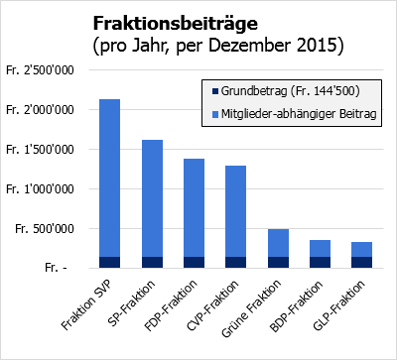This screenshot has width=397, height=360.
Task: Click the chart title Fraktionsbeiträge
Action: coord(179,23)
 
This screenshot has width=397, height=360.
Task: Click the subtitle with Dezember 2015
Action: coord(217,45)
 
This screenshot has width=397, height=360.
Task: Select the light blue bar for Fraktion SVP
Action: coord(110,179)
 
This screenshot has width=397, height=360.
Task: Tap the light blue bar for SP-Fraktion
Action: coord(152,198)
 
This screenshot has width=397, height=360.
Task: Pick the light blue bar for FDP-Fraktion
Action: coord(195,208)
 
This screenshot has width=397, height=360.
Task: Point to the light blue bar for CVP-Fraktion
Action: coord(236,211)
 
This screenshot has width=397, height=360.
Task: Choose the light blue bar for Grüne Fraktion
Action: coord(278,243)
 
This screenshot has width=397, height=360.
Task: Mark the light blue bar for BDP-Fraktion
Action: coord(320,248)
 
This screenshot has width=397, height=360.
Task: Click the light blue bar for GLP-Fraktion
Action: coord(361,249)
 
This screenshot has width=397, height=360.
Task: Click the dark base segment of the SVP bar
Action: coord(110,262)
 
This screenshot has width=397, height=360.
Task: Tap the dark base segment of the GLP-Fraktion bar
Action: coord(361,262)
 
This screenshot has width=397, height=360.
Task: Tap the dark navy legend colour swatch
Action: coord(209,92)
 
